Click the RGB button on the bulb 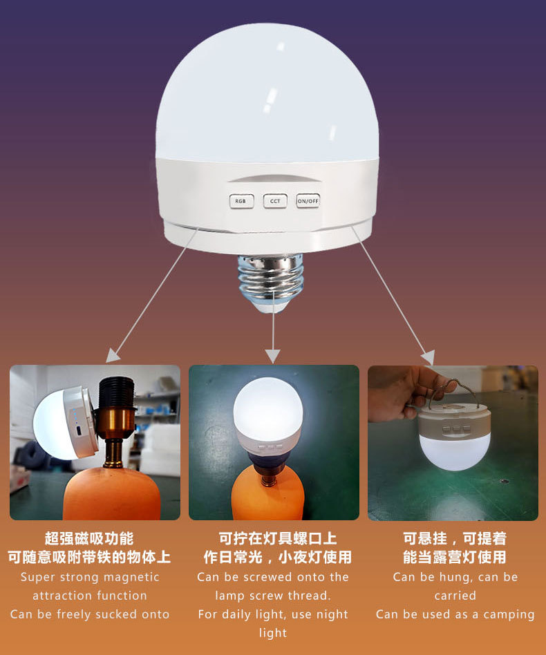241,201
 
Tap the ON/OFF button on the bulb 308,201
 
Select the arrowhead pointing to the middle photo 273,356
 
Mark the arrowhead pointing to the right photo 428,358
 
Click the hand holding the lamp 398,394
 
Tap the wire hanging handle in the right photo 453,394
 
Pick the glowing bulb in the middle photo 267,408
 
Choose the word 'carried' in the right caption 455,596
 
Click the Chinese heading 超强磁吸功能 89,539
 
